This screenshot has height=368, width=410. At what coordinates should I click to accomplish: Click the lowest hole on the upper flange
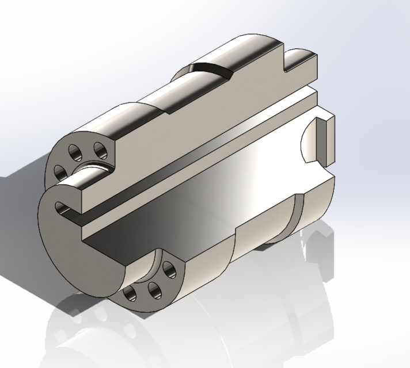[60, 171]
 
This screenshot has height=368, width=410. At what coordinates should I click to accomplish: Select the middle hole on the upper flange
[75, 152]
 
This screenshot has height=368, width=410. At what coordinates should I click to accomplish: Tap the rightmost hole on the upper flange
[100, 151]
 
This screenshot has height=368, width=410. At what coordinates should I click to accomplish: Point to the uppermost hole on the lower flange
[169, 268]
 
